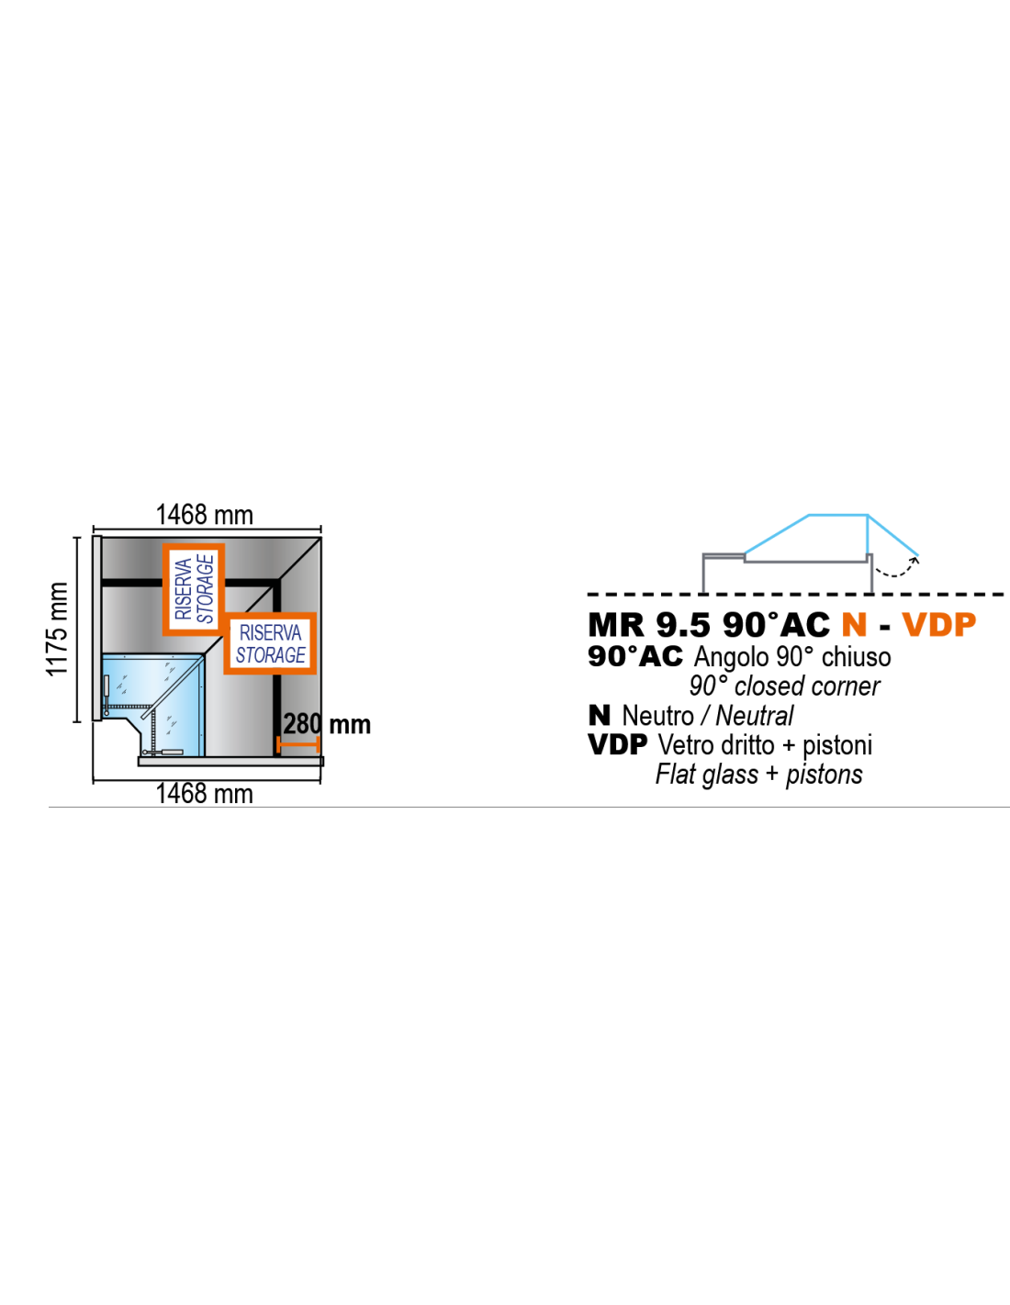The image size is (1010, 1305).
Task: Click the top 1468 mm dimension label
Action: coord(204,515)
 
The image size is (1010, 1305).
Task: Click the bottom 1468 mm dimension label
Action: coord(204,794)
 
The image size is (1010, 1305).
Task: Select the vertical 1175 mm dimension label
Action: coord(58,629)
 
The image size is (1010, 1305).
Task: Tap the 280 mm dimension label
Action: coord(326,724)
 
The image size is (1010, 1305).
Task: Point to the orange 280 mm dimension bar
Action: coord(297,744)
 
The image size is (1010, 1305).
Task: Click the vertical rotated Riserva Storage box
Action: coord(194,589)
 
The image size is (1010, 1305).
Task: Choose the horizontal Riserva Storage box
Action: coord(270,643)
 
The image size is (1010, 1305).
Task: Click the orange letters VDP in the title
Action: coord(938,625)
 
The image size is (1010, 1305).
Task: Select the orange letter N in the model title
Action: coord(854,625)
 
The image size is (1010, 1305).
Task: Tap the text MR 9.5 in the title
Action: coord(649,625)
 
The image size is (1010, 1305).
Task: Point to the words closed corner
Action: coord(807,686)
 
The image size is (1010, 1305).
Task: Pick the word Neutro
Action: coord(657,716)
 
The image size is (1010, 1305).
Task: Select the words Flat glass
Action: coord(707,775)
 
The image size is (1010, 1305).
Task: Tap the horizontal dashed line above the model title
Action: coord(795,595)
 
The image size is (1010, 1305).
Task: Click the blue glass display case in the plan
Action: coord(153,705)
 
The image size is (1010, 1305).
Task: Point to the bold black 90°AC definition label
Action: coord(635,656)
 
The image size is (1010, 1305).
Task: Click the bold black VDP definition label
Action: coord(618,745)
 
